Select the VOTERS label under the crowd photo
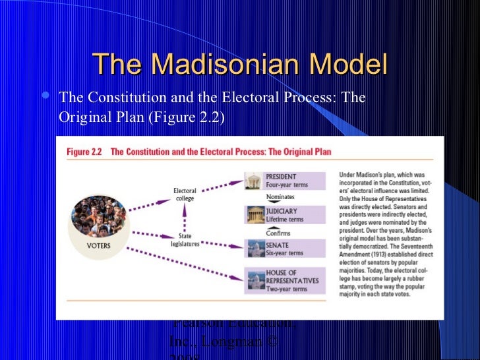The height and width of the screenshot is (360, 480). point(99,245)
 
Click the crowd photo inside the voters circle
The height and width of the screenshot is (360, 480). point(99,214)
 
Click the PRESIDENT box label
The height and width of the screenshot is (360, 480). point(281,177)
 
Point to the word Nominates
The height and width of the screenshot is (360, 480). point(280,196)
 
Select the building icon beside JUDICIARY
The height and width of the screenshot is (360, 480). point(254,214)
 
